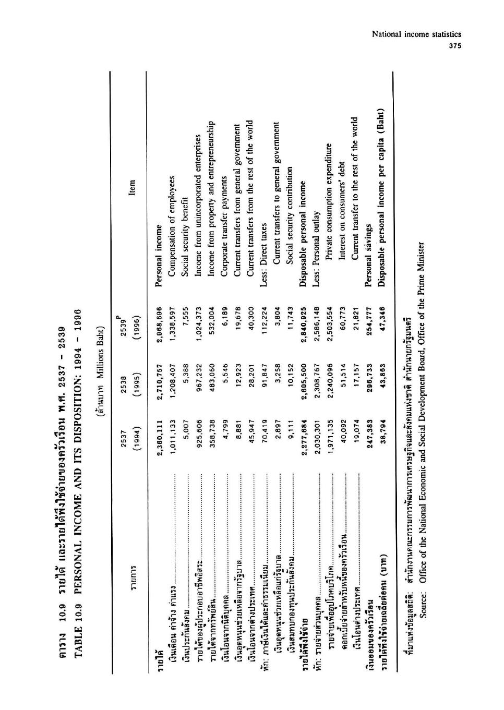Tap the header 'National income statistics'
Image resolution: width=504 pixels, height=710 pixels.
click(416, 35)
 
